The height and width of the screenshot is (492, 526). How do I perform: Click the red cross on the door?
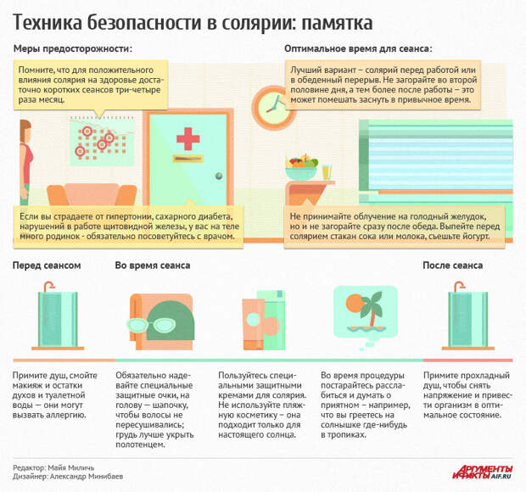click(x=187, y=138)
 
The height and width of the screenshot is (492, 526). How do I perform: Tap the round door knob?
click(x=219, y=175)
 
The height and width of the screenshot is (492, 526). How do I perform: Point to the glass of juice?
click(x=327, y=171)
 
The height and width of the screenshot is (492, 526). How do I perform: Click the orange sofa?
click(x=92, y=194)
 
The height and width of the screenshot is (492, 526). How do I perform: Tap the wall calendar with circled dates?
click(x=102, y=141)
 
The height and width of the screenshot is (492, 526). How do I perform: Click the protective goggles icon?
click(x=150, y=325)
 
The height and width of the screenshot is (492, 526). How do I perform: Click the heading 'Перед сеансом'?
click(x=47, y=266)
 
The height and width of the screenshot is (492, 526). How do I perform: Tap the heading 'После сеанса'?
click(x=452, y=266)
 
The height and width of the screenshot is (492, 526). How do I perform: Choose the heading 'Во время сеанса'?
click(x=153, y=266)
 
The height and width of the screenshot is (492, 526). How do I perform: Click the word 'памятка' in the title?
click(x=337, y=23)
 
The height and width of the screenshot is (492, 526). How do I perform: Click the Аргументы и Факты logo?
click(x=483, y=472)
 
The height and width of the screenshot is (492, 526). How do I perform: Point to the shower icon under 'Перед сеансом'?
click(x=58, y=316)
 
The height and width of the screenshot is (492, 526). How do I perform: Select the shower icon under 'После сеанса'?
click(x=468, y=316)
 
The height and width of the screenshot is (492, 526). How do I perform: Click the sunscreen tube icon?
click(x=254, y=324)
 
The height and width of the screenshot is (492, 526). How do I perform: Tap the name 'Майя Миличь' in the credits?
click(x=70, y=467)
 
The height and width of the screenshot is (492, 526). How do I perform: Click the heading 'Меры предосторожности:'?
click(x=73, y=48)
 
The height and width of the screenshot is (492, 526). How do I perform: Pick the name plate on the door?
click(x=187, y=158)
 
